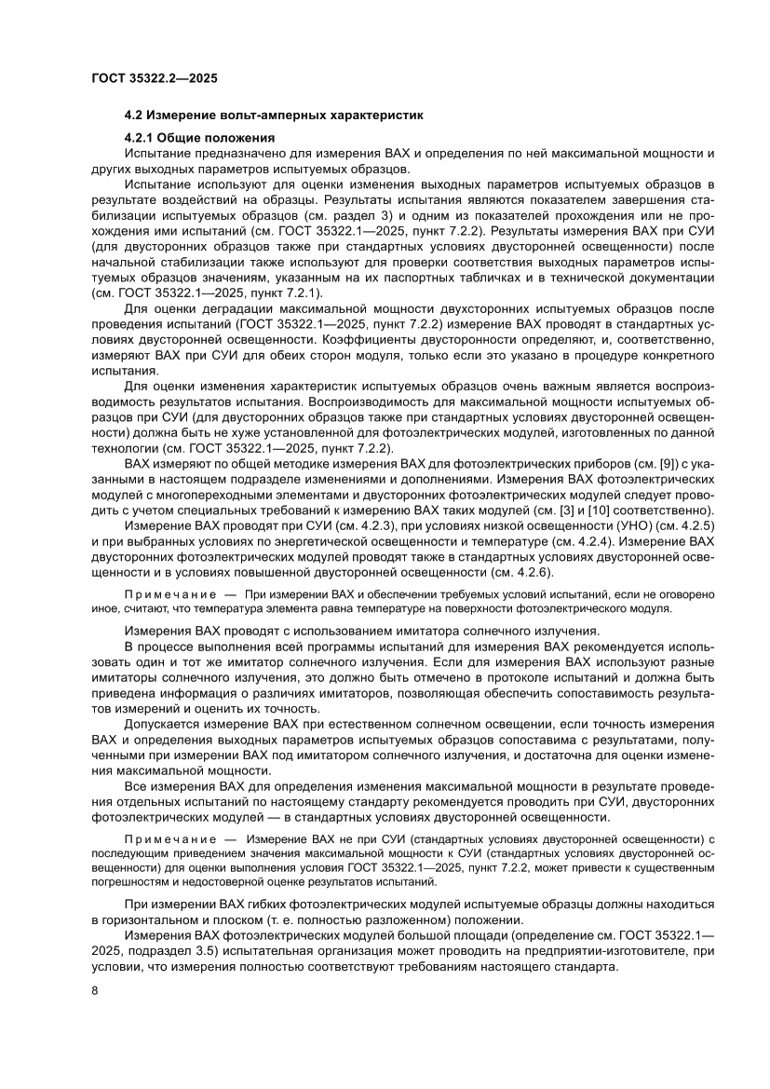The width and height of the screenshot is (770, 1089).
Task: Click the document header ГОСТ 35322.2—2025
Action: [155, 79]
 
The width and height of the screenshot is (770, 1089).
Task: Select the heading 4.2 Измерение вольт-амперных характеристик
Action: [274, 116]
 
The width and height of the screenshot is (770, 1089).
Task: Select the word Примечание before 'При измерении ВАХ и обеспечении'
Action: [166, 593]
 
